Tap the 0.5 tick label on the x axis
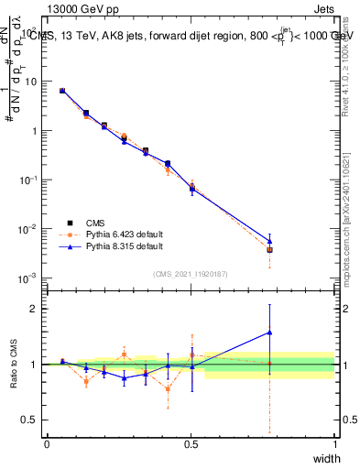click(191, 444)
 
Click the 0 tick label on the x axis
click(47, 444)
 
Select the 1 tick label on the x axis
click(334, 444)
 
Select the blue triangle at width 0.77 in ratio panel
click(269, 332)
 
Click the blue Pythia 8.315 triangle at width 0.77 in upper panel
click(269, 241)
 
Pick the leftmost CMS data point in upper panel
click(61, 91)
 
